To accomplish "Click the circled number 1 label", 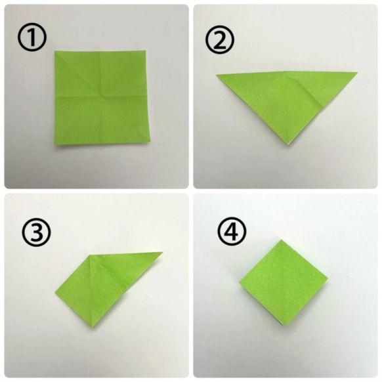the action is click(x=32, y=37).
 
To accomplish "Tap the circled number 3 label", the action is click(x=37, y=231).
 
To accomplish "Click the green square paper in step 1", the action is click(x=102, y=98).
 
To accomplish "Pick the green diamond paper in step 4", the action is click(x=284, y=282).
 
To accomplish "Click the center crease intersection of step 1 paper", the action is click(x=100, y=96).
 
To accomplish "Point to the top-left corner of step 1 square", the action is click(x=55, y=51).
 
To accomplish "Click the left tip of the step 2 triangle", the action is click(x=217, y=75).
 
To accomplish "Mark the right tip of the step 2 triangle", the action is click(x=358, y=72).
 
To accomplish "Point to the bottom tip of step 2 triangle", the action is click(x=288, y=145).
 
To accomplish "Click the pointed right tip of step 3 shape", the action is click(x=163, y=253).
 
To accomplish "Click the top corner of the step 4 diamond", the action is click(x=282, y=240).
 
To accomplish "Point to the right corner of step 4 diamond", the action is click(x=328, y=278).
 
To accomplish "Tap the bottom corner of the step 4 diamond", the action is click(x=282, y=326).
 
